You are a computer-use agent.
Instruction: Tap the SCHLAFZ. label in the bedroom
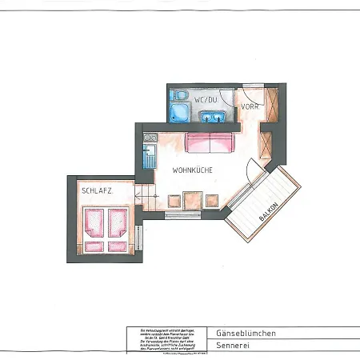[x=96, y=192]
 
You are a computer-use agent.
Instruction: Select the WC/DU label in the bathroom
[x=206, y=99]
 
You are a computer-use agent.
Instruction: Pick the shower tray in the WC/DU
[x=178, y=113]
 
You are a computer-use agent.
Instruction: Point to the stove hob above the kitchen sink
[x=147, y=142]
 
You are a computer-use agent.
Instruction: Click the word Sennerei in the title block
[x=232, y=345]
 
